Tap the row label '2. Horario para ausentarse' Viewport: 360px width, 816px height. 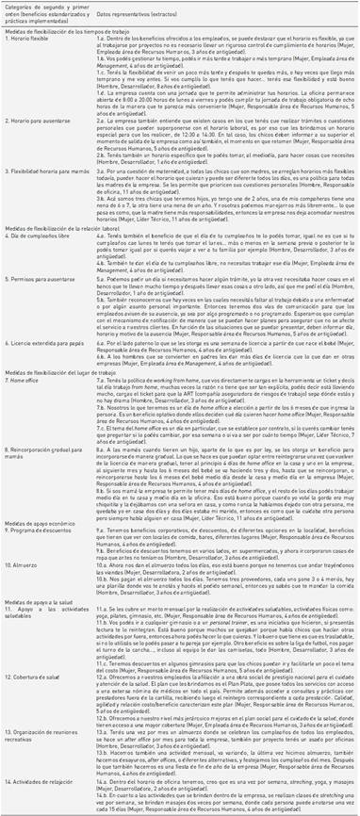pos(45,122)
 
